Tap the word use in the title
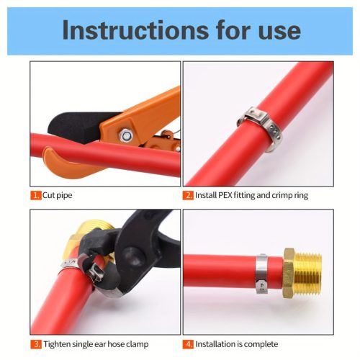point(279,32)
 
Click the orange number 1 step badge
point(36,195)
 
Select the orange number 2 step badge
point(188,195)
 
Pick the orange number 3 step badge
point(36,344)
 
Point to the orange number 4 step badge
point(188,344)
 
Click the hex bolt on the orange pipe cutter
point(126,136)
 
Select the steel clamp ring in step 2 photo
point(261,128)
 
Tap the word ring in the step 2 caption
point(302,196)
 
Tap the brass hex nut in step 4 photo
point(289,273)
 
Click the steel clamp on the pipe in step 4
point(261,274)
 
